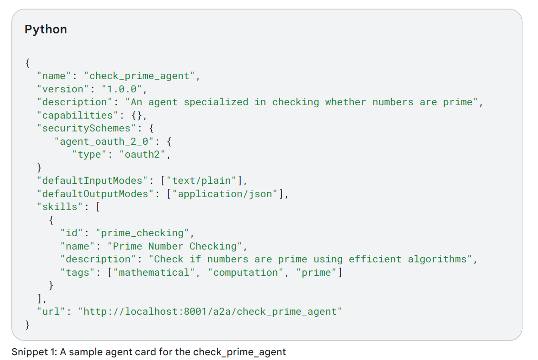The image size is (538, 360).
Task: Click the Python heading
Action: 46,30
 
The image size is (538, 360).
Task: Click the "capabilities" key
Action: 75,115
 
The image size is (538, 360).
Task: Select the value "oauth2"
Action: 142,154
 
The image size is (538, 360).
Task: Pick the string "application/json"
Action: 228,194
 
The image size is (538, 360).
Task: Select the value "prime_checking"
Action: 142,233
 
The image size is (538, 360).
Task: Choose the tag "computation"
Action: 246,272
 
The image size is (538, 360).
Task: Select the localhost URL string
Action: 211,311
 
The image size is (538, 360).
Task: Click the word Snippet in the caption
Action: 27,352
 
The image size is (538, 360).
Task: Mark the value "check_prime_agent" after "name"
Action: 140,76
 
